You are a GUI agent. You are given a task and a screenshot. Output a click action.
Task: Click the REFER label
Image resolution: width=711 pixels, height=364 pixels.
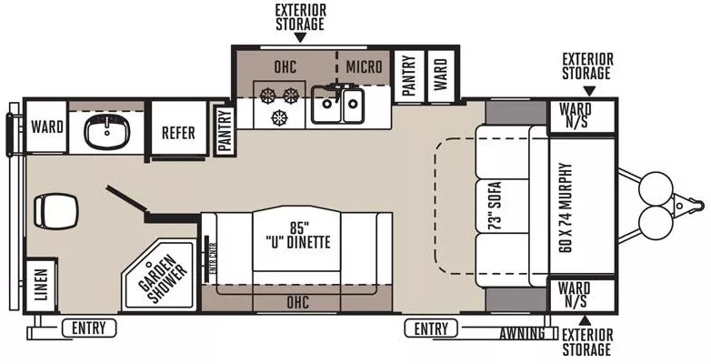178,133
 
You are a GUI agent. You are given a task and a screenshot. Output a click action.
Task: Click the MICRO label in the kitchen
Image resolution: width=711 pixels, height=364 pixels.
364,66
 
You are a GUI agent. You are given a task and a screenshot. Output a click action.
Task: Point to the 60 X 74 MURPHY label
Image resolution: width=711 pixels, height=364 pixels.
566,207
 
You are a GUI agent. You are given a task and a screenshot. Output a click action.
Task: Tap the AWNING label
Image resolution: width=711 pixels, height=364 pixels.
521,333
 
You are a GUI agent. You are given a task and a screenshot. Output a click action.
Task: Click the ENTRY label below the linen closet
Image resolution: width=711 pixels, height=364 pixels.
90,329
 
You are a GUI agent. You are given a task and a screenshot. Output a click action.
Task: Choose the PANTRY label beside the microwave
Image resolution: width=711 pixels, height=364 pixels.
408,72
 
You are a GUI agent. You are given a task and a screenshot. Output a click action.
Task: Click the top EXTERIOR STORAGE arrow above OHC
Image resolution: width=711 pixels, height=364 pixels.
299,37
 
